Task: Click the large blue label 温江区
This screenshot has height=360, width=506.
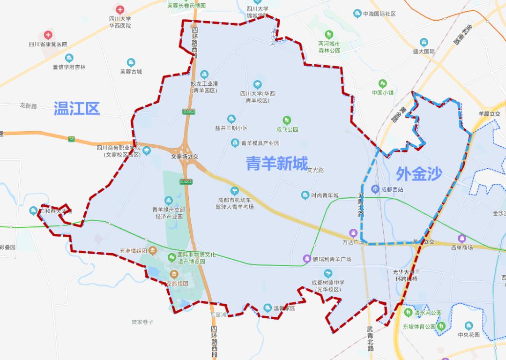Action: [77, 108]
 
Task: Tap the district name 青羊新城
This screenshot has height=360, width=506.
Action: [277, 164]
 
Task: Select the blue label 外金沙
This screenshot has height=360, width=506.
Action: [419, 174]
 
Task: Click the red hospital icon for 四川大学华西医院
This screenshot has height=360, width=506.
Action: [120, 9]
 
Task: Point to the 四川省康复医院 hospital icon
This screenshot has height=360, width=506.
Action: [48, 35]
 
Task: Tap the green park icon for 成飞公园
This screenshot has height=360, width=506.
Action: [287, 120]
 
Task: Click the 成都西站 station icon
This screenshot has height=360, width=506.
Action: [375, 189]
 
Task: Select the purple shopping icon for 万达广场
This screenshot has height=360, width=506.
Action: [354, 233]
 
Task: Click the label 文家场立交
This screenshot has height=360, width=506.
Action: [185, 157]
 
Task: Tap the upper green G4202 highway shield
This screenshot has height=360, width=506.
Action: [188, 112]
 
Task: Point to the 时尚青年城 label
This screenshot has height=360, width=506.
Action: [325, 195]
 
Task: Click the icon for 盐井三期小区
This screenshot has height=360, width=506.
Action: [231, 119]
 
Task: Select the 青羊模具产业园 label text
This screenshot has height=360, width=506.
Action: [260, 143]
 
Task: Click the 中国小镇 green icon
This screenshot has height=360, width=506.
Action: [383, 83]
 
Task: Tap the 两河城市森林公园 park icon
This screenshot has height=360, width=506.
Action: [329, 35]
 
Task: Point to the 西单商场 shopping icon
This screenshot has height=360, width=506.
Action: [462, 238]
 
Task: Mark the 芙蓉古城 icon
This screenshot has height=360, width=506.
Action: [131, 62]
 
